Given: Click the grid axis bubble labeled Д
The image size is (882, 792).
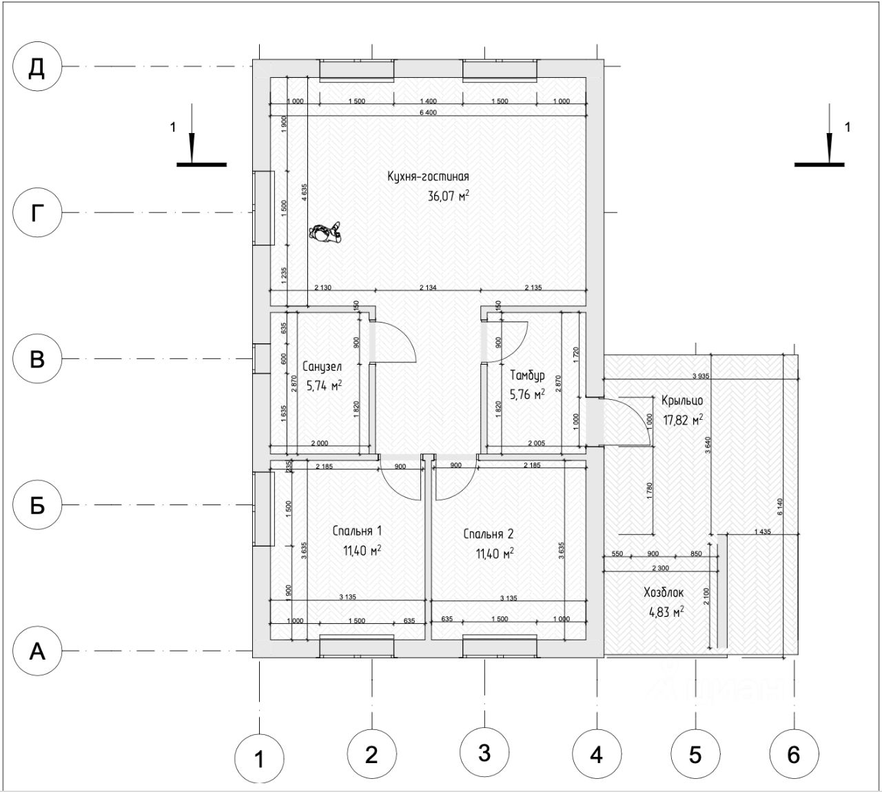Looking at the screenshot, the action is point(38,68).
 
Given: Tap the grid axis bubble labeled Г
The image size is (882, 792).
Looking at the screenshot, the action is point(38,213).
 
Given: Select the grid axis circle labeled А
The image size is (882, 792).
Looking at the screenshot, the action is point(38,651).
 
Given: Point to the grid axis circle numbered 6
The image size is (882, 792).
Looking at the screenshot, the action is point(793,755).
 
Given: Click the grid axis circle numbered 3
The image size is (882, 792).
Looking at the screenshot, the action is point(484,753).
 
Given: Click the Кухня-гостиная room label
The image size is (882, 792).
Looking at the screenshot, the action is point(428,177).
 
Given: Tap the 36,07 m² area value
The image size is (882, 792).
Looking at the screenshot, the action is point(449,196).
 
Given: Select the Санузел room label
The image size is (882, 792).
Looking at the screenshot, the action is point(322,367).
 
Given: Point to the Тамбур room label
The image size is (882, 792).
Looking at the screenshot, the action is point(527,376).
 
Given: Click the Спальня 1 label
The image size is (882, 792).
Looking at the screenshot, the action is point(357,531).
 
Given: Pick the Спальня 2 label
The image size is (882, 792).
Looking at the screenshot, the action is point(488,534).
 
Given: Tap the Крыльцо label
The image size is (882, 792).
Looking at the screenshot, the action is point(681,400).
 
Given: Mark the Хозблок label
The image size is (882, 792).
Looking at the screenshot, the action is point(663,592).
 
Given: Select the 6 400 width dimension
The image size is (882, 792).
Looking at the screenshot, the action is point(427,113).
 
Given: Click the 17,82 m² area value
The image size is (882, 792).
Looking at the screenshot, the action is point(683,418).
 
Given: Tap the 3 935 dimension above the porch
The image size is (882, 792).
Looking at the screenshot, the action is point(701,376).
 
